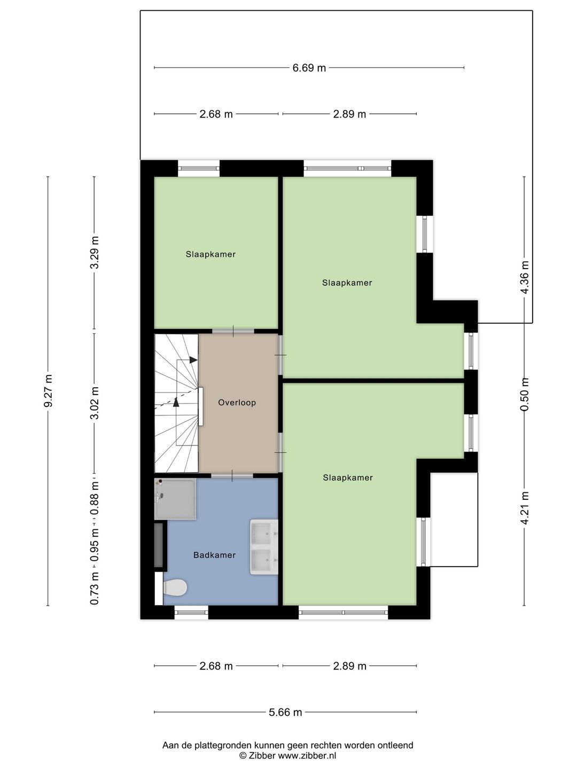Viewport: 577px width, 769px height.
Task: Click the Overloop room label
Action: click(x=237, y=403)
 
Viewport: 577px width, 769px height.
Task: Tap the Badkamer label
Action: click(x=214, y=555)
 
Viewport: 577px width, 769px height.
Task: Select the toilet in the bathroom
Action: click(x=174, y=588)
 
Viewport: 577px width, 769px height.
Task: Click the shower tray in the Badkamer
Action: click(x=175, y=499)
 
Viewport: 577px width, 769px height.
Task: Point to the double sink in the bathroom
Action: click(x=264, y=547)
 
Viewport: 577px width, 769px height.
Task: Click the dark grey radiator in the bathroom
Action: click(x=159, y=545)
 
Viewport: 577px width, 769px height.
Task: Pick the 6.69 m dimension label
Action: click(x=309, y=68)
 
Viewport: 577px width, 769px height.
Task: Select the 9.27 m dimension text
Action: click(x=48, y=391)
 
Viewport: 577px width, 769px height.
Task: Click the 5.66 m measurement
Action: click(x=285, y=712)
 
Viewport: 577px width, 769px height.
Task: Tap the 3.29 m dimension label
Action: click(x=95, y=252)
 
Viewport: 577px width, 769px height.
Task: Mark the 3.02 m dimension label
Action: click(x=95, y=403)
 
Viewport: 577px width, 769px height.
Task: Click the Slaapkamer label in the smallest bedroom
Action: click(x=210, y=254)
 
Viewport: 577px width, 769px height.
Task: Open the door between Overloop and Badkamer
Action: click(x=232, y=475)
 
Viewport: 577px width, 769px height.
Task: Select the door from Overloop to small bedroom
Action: click(x=233, y=331)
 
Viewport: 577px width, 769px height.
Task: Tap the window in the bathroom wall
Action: click(x=191, y=612)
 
